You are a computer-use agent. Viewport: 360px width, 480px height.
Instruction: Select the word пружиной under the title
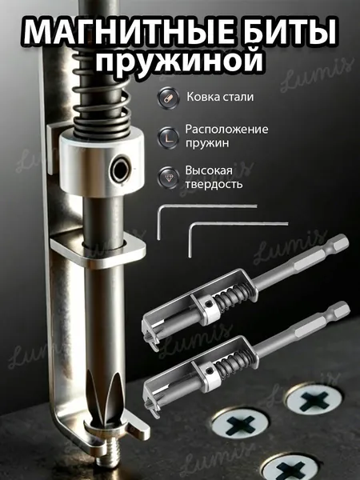point(180,60)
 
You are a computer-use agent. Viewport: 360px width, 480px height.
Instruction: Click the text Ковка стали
point(220,97)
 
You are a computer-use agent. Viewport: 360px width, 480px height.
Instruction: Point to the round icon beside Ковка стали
point(168,98)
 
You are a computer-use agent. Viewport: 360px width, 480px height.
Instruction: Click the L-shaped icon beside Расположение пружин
point(168,138)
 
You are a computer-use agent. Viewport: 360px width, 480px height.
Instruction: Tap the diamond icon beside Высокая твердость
point(168,177)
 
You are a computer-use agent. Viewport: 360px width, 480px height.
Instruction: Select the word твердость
point(214,184)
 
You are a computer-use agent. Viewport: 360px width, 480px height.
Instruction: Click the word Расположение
point(226,129)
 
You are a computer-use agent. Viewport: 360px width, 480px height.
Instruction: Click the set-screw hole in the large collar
point(120,169)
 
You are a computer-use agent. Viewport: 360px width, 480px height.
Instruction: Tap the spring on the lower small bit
point(234,364)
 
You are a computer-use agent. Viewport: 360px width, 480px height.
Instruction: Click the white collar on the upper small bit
point(210,307)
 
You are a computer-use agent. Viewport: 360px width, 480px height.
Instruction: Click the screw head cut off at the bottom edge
point(290,468)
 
